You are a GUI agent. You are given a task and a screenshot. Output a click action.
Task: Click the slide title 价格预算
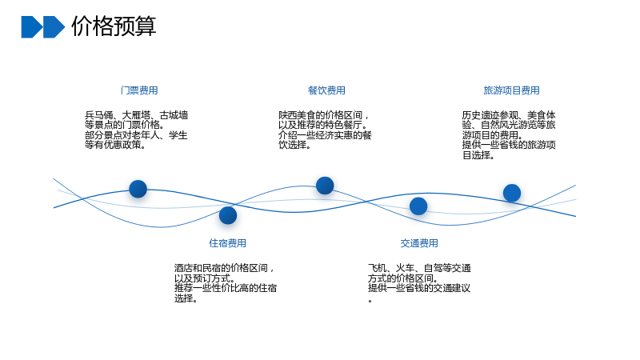(x=114, y=26)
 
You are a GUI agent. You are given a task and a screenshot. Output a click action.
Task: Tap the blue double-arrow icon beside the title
(x=43, y=27)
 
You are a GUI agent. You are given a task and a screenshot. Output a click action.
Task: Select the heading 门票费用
(x=139, y=90)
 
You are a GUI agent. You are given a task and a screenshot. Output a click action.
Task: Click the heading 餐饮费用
(x=326, y=90)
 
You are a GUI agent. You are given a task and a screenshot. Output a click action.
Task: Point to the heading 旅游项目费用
(x=511, y=90)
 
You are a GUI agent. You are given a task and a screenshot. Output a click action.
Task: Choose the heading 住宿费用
(x=228, y=243)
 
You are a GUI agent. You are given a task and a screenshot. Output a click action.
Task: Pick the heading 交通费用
(x=419, y=243)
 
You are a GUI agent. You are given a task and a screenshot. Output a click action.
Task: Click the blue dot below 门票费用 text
(x=138, y=189)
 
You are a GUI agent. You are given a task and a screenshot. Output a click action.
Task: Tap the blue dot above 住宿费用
(x=228, y=215)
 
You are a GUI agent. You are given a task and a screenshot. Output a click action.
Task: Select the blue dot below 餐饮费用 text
(x=325, y=186)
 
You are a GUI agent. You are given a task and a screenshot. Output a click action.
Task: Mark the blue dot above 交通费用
(x=418, y=206)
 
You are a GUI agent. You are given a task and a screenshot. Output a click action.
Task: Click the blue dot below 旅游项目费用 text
(x=512, y=193)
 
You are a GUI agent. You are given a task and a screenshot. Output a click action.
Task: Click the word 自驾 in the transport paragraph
(x=434, y=268)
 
